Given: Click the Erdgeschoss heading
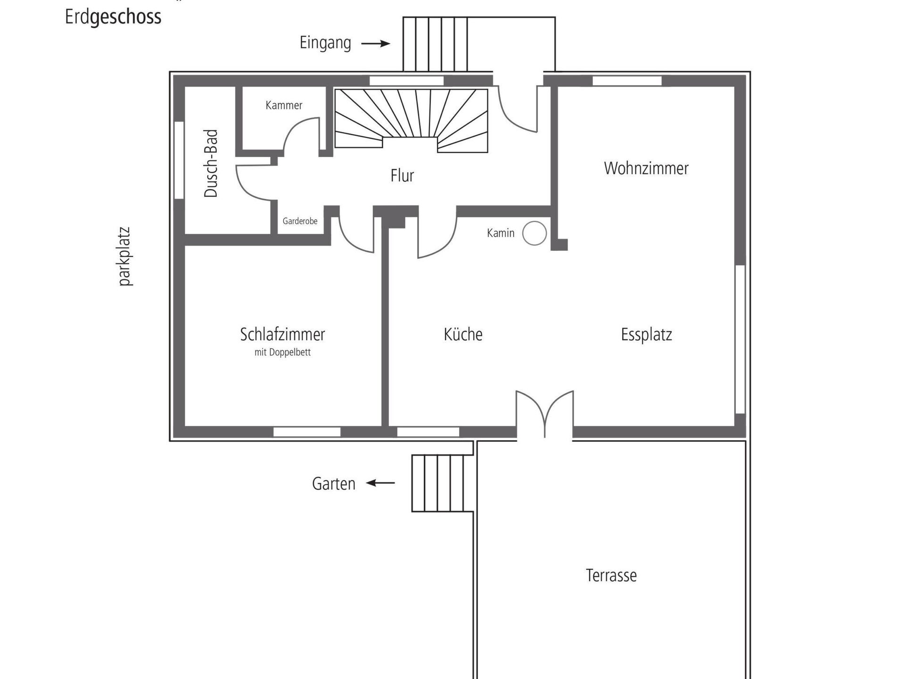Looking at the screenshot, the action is tap(113, 17).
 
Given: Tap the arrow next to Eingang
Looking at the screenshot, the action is tap(376, 44).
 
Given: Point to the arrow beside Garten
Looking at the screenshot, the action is tap(380, 483).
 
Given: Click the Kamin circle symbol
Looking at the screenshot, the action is tap(535, 233).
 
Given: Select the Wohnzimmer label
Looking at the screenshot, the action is tap(646, 168).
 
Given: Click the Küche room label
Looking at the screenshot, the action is tap(463, 334).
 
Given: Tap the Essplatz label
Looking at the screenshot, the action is tap(646, 335).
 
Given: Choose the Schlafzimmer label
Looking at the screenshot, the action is tap(282, 334).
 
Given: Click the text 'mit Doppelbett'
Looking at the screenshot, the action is tap(282, 352).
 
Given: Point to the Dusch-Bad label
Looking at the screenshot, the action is tap(211, 164).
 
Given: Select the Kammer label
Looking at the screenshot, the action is tap(284, 105).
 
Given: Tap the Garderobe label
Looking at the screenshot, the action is tap(300, 221).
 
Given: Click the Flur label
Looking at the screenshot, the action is tap(402, 175).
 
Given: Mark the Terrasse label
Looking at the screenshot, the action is tap(611, 575).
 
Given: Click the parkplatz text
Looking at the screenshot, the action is tap(124, 257).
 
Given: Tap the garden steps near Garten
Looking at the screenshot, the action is tap(442, 483).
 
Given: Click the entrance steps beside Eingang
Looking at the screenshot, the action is tap(435, 44).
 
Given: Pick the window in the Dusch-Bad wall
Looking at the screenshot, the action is tap(179, 160).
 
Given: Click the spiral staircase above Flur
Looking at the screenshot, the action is tap(411, 120).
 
